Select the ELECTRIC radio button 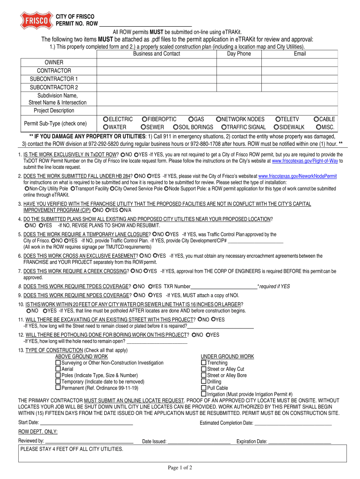(x=106, y=119)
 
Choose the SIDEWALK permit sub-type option (x=277, y=127)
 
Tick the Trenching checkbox (x=203, y=363)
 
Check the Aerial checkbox (x=58, y=369)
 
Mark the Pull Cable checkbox (x=203, y=388)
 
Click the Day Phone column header (x=239, y=54)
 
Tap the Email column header (x=300, y=54)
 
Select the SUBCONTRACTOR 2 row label (x=54, y=87)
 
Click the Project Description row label (x=54, y=111)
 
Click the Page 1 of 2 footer (x=180, y=468)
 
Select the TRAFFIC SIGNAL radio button (x=224, y=127)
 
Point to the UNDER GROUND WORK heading (x=227, y=356)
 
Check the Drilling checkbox (x=203, y=382)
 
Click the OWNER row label (x=54, y=62)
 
